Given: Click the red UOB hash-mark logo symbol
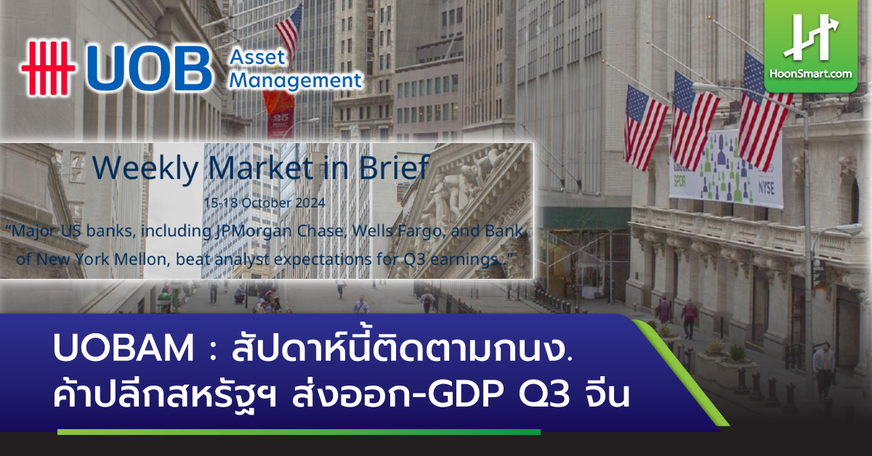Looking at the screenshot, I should pyautogui.click(x=47, y=68).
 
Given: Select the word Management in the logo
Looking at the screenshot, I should pyautogui.click(x=295, y=80).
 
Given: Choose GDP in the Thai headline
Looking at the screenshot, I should pyautogui.click(x=460, y=398).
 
